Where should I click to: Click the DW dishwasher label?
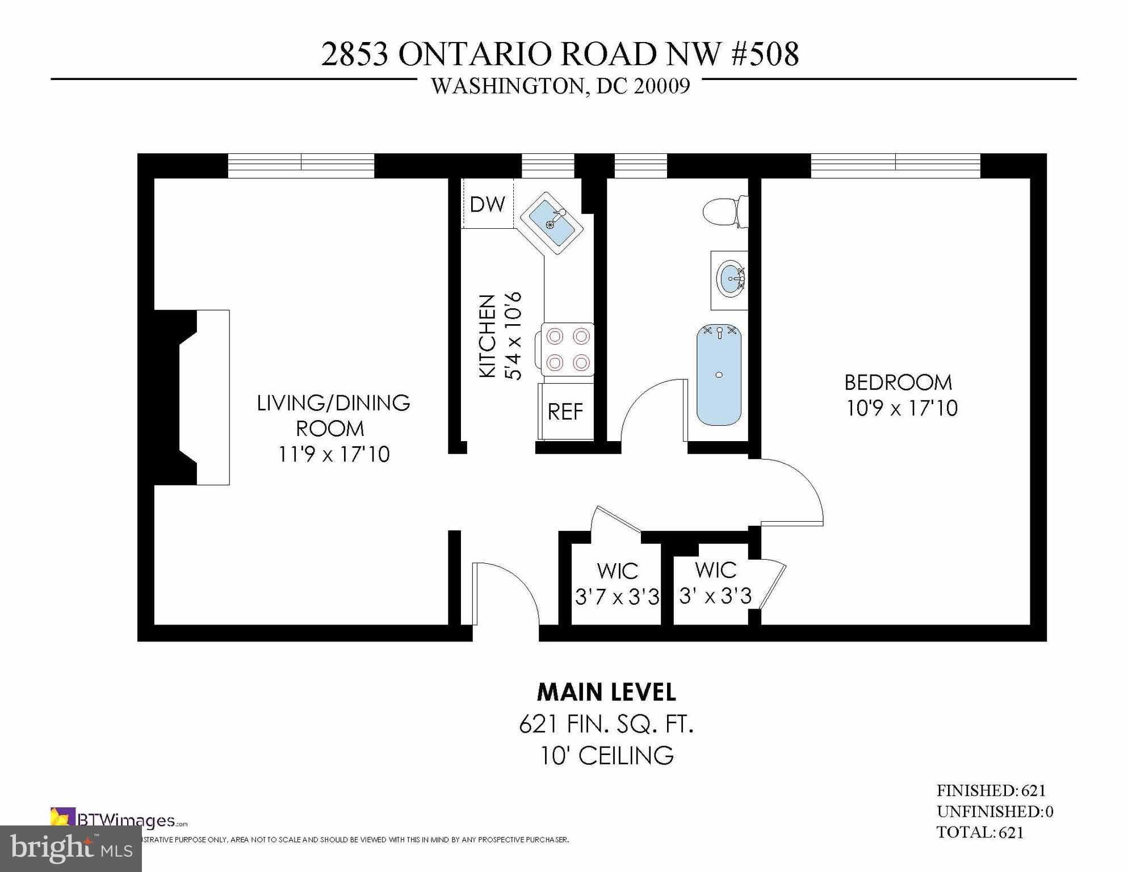pyautogui.click(x=487, y=204)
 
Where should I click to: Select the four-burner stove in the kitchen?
pyautogui.click(x=567, y=349)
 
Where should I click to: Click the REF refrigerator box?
pyautogui.click(x=565, y=412)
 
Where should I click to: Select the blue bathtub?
pyautogui.click(x=719, y=375)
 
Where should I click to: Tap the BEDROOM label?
pyautogui.click(x=898, y=383)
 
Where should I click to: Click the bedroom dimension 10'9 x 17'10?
pyautogui.click(x=901, y=409)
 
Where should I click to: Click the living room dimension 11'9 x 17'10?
pyautogui.click(x=334, y=455)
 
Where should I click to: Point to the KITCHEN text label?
pyautogui.click(x=488, y=336)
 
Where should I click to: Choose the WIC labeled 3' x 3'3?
pyautogui.click(x=715, y=584)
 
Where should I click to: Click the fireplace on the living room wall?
pyautogui.click(x=193, y=397)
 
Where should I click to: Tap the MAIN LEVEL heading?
pyautogui.click(x=606, y=693)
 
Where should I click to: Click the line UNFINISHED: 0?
pyautogui.click(x=995, y=812)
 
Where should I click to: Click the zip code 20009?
pyautogui.click(x=662, y=86)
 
